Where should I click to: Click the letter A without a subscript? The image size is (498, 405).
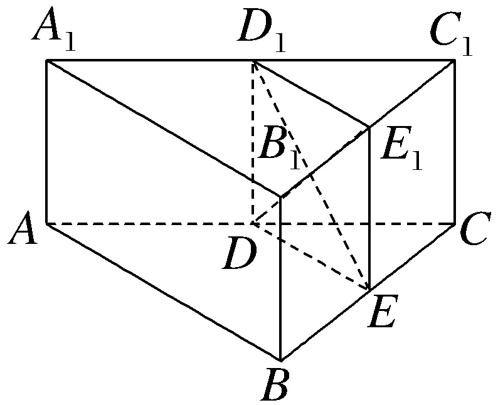click(23, 233)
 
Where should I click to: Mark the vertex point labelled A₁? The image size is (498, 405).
click(48, 61)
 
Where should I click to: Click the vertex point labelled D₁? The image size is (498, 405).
click(253, 61)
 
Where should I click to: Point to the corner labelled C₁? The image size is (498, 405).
click(455, 61)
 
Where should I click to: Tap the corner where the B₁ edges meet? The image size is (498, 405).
click(280, 197)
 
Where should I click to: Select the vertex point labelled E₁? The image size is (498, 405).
click(368, 127)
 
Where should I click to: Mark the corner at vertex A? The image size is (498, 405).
click(48, 223)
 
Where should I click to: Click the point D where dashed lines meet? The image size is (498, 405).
click(253, 223)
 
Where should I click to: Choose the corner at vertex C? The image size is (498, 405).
click(455, 223)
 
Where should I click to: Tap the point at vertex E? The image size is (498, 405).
click(368, 289)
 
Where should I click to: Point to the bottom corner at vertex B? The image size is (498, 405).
click(280, 360)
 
